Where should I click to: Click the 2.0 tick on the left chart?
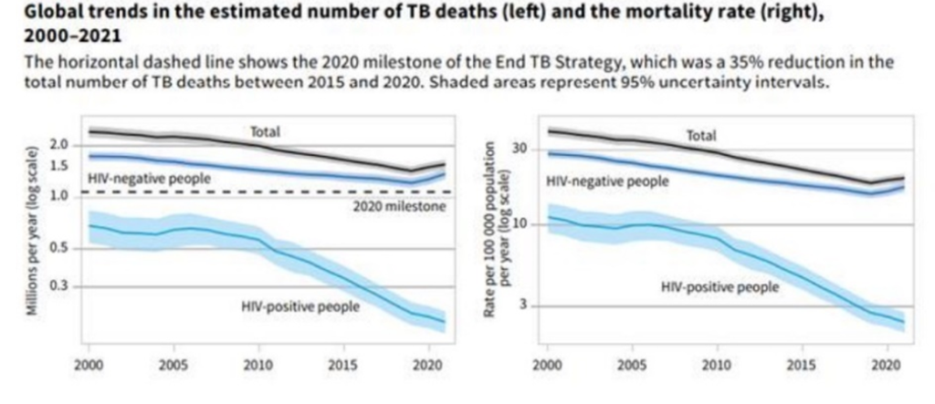coord(59,146)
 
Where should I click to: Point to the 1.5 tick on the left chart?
coord(59,166)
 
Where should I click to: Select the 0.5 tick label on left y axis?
coord(59,248)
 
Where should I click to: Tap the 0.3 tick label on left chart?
coord(59,287)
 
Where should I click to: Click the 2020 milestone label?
coord(399,207)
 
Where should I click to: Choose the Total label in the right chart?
coord(701,136)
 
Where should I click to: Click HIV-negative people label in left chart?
coord(150,179)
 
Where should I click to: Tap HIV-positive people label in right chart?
coord(720,287)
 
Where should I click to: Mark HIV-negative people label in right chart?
coord(607,181)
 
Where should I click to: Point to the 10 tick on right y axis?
coord(523,224)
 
